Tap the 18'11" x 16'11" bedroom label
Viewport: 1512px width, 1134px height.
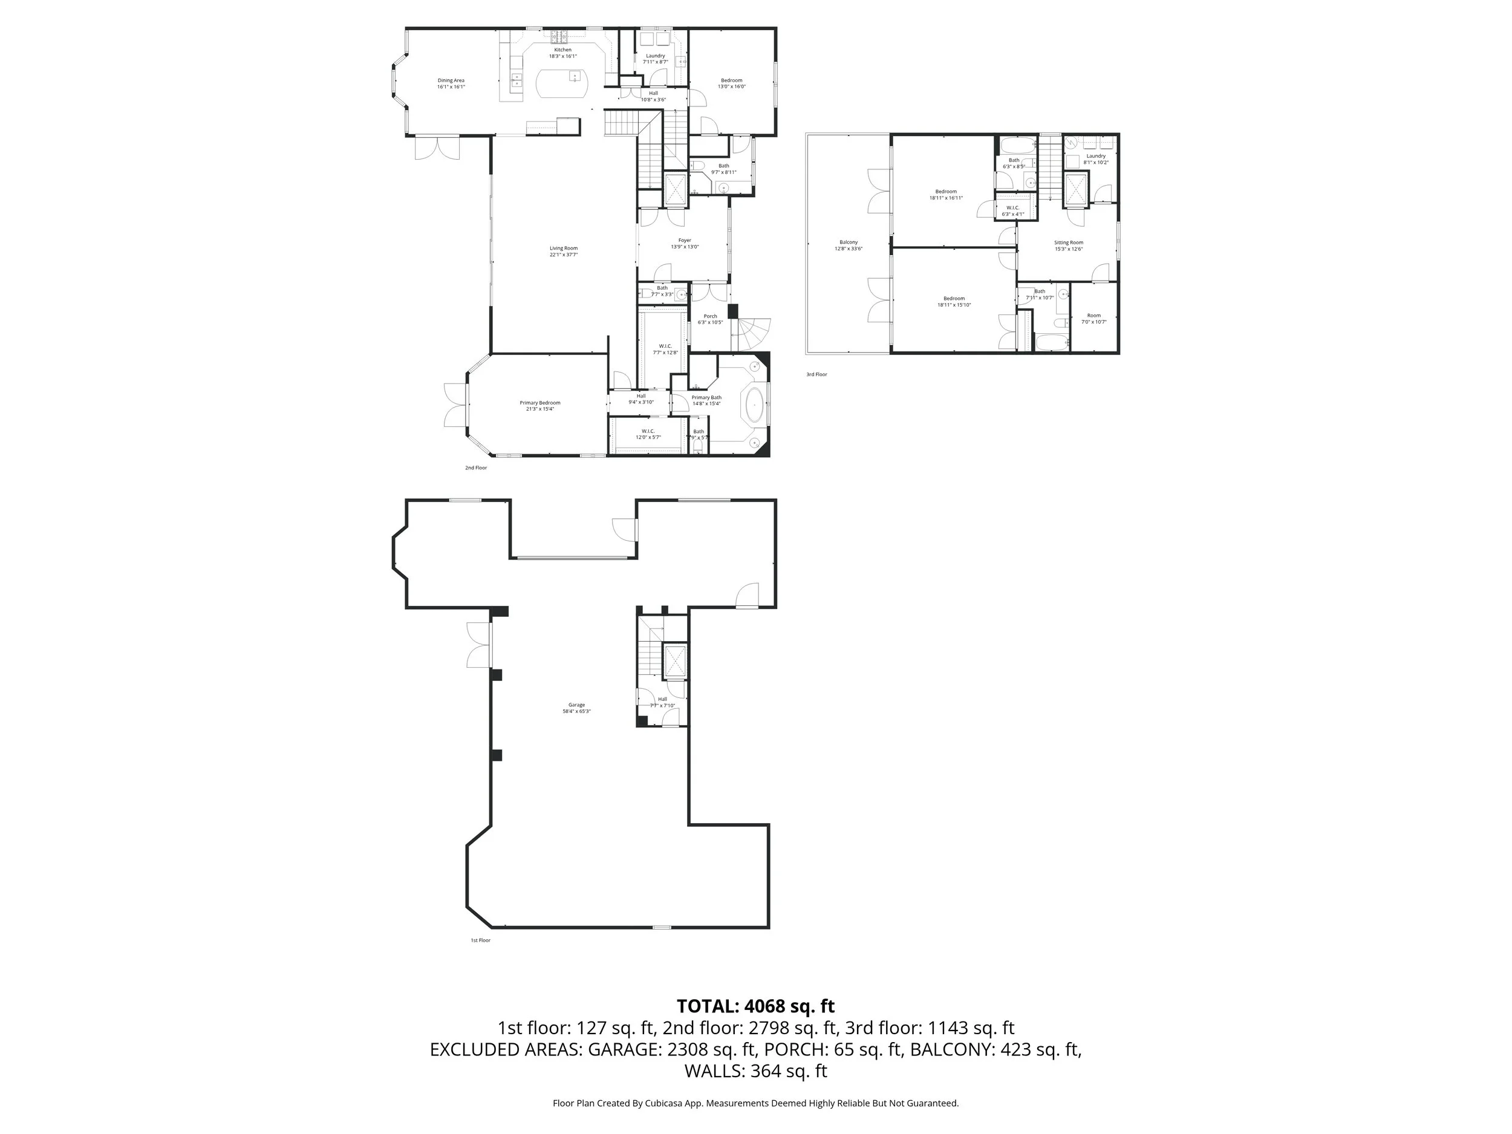coord(946,195)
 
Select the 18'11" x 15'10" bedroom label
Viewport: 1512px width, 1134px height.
coord(954,301)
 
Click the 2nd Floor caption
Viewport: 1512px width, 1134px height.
coord(476,468)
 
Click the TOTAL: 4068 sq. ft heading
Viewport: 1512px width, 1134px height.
coord(755,1006)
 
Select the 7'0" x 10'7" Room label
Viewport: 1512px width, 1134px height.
coord(1093,319)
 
